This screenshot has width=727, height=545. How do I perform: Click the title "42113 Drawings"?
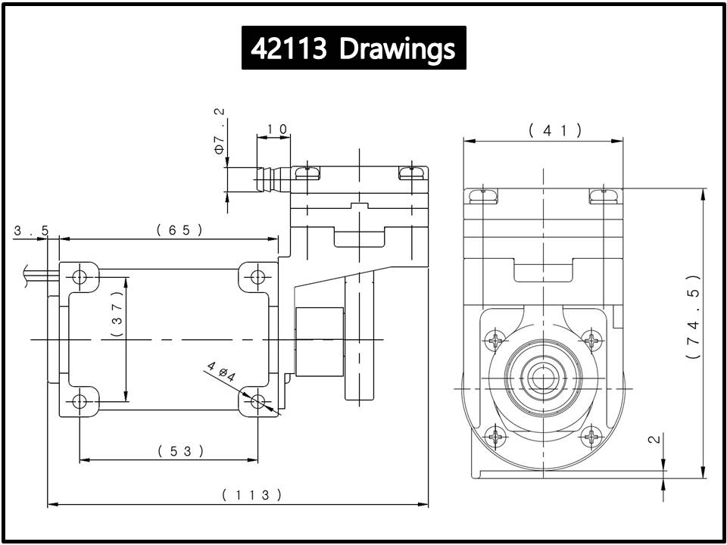click(x=354, y=48)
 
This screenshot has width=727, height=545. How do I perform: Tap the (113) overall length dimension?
click(x=251, y=495)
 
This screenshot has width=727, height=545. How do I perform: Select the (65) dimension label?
click(x=179, y=230)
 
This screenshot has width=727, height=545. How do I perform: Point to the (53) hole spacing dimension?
click(x=180, y=451)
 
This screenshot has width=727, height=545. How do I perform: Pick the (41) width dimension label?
click(x=555, y=131)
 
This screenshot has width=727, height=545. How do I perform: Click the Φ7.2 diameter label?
click(x=219, y=131)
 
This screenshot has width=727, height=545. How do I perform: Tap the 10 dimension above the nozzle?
click(x=277, y=129)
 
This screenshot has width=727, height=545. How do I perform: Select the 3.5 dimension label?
click(x=30, y=231)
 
